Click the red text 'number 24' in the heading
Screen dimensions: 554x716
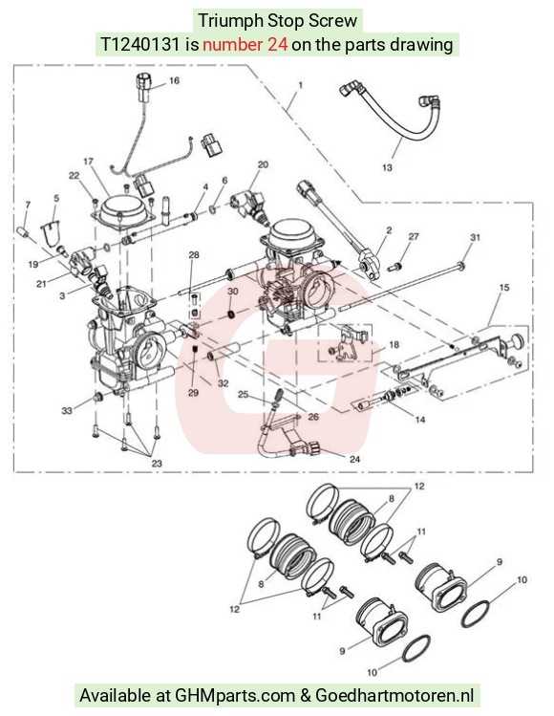[245, 44]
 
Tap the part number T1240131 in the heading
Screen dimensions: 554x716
[140, 44]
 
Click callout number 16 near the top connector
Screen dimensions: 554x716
[175, 81]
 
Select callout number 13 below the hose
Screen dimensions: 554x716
[387, 167]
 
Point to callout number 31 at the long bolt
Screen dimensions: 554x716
[475, 237]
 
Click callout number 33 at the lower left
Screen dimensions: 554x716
[67, 410]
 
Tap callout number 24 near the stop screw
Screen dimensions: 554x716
[354, 459]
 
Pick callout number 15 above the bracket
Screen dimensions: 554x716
[504, 288]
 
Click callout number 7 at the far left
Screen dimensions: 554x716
[28, 205]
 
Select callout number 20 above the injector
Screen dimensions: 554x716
[264, 164]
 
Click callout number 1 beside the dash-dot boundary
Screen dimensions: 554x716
[300, 85]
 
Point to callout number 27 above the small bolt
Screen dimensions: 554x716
[414, 236]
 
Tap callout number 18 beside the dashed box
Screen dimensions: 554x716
[394, 344]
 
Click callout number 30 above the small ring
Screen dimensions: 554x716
[233, 292]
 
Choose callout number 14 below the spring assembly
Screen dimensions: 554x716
[420, 420]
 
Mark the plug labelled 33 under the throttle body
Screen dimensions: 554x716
[96, 398]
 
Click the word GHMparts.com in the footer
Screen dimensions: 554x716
[235, 696]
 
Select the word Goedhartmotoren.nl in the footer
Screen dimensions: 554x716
[394, 696]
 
